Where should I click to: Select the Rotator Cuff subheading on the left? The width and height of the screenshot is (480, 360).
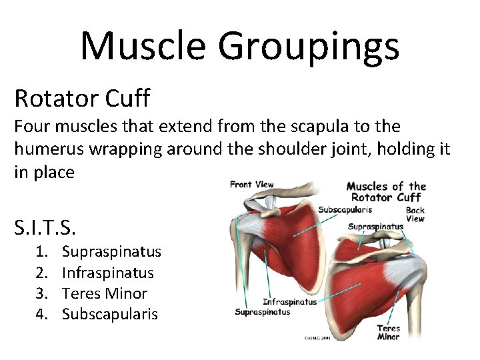coord(82,98)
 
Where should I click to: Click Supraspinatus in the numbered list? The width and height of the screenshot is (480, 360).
coord(111,252)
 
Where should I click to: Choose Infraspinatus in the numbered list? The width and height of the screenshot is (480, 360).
coord(107,273)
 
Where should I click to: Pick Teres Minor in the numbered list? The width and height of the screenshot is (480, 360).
coord(105,293)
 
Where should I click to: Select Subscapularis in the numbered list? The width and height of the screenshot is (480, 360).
coord(110,314)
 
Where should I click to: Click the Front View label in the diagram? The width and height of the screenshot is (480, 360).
coord(251,185)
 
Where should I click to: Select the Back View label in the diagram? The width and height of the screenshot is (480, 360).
coord(415,214)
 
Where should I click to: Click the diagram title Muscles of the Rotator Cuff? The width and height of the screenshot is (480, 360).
coord(386,191)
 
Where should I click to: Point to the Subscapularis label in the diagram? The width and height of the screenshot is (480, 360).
coord(345,209)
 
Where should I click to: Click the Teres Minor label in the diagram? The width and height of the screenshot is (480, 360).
coord(388,332)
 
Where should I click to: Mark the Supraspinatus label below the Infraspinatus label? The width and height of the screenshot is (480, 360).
coord(263,311)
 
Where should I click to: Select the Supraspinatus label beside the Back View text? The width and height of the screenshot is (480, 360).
coord(375,227)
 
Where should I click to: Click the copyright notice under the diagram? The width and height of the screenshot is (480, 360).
coord(317,338)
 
